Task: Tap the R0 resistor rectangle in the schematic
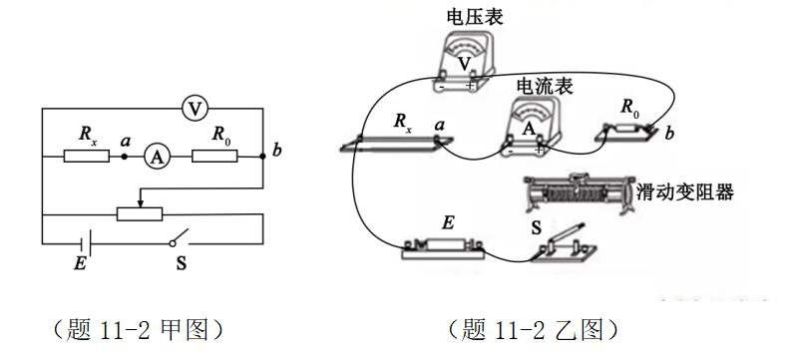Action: point(214,156)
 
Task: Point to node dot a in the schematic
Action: point(125,156)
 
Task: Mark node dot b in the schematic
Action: point(261,156)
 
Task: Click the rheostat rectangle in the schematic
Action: point(141,213)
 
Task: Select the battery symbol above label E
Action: point(88,242)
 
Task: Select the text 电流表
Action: point(544,87)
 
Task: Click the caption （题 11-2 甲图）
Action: point(136,328)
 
